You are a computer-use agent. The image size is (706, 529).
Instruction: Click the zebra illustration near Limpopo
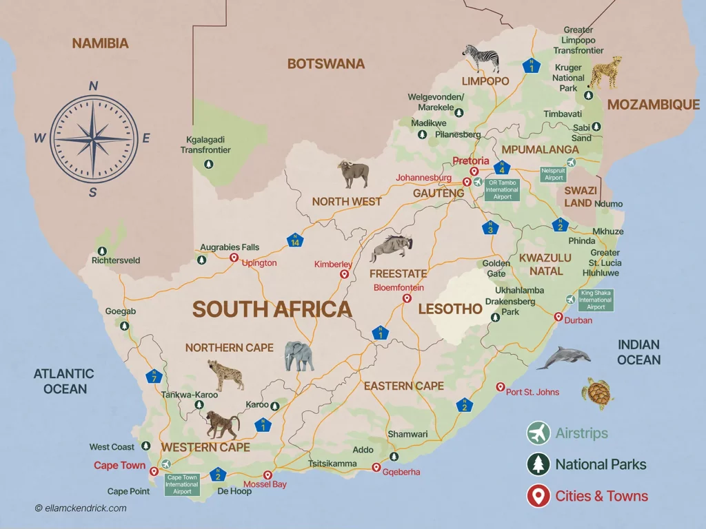tap(481, 59)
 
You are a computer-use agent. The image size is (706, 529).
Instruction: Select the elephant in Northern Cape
tap(299, 356)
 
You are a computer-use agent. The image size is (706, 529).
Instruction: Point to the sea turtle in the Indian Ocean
tap(597, 393)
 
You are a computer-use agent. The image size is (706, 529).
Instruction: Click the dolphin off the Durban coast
tap(563, 357)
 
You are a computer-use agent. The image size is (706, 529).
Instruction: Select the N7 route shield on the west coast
tap(154, 377)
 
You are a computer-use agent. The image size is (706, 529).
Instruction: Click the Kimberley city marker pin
tap(344, 274)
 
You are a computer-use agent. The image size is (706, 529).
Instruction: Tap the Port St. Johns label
tap(532, 392)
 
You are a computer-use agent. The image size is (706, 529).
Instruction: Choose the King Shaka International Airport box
tap(596, 300)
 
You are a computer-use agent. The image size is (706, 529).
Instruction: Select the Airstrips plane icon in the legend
tap(538, 433)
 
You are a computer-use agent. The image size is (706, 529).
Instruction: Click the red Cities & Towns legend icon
tap(538, 496)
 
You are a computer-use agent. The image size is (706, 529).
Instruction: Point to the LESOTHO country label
tap(450, 309)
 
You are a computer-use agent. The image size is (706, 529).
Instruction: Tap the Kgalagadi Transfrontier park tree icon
tap(208, 164)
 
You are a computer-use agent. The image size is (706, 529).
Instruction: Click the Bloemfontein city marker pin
tap(407, 299)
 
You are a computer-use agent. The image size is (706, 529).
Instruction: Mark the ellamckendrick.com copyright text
tap(81, 508)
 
